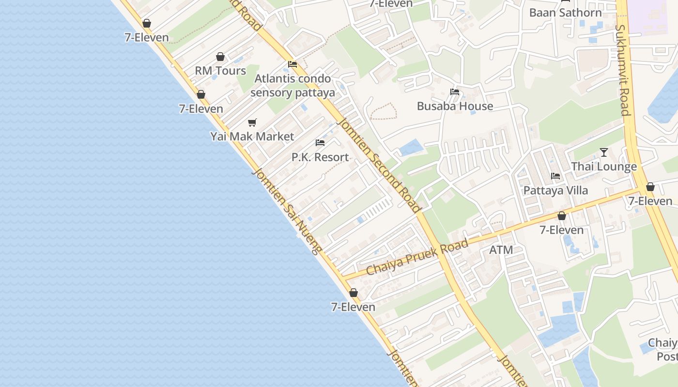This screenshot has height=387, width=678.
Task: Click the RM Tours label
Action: (x=220, y=71)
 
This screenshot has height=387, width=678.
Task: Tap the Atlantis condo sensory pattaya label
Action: (x=293, y=86)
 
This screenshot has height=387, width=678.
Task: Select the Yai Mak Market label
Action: (x=252, y=136)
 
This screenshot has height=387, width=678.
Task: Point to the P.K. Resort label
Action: (x=320, y=157)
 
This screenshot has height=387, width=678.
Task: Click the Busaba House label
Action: (x=455, y=106)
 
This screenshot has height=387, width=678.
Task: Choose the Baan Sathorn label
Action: (x=565, y=13)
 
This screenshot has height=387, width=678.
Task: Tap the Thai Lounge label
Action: (x=604, y=166)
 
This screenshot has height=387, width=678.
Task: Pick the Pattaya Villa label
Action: (x=555, y=190)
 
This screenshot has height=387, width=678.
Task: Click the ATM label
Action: (x=501, y=250)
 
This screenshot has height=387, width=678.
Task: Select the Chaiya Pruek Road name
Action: (x=417, y=257)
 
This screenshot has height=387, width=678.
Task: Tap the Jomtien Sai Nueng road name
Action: (x=287, y=211)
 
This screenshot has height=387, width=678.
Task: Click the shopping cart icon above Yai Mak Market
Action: (x=252, y=122)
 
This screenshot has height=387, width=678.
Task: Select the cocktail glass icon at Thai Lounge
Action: (x=603, y=152)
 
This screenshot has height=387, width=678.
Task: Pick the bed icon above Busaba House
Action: (x=454, y=92)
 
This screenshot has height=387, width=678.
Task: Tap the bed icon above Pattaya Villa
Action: (x=555, y=176)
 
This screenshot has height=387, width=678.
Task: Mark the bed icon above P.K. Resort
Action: (x=320, y=143)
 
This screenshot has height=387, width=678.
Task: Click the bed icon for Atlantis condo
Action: (x=292, y=64)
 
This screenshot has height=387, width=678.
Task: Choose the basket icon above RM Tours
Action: (x=220, y=57)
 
